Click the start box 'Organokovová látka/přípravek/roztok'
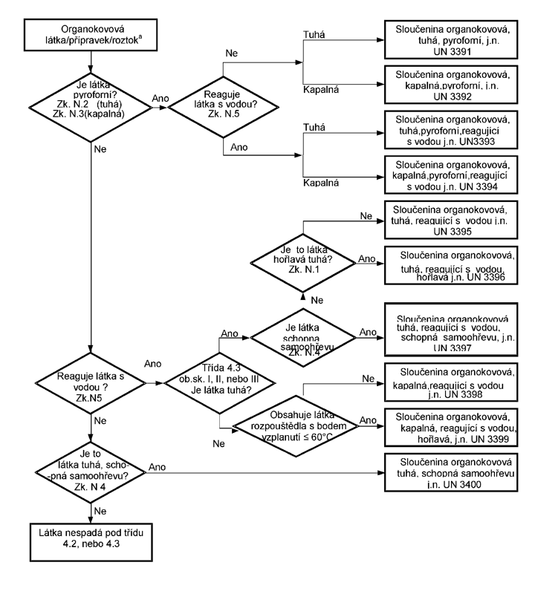[91, 35]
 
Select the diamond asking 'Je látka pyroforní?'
[91, 108]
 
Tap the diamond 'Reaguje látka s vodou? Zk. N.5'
[223, 107]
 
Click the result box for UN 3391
[451, 40]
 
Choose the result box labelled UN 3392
[451, 85]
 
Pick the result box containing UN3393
[451, 130]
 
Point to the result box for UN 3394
[451, 175]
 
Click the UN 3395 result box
[451, 220]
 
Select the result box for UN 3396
[451, 266]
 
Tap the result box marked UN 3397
[451, 330]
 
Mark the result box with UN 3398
[451, 382]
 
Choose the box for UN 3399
[451, 428]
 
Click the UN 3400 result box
[451, 472]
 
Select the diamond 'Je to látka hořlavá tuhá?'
[303, 263]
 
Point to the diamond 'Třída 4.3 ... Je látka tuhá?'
[219, 383]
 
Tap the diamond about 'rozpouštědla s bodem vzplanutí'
[296, 426]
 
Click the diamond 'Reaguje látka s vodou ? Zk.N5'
[91, 383]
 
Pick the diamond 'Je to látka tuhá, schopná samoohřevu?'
[91, 473]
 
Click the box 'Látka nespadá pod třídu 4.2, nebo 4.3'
[91, 542]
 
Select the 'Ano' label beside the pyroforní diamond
[160, 99]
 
